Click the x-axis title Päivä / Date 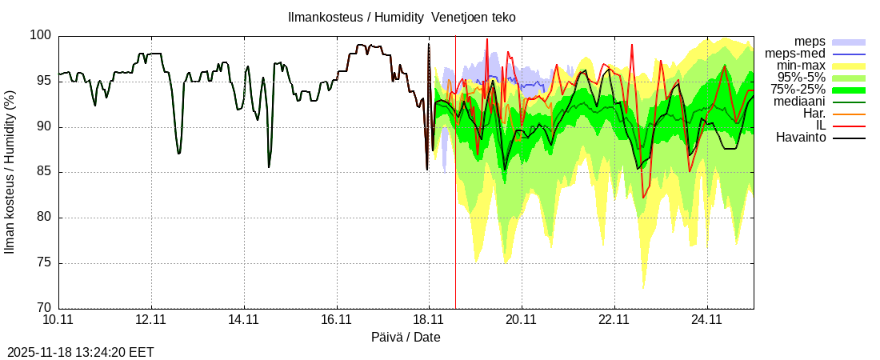406,338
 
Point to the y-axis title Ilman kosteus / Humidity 10,172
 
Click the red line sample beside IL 849,126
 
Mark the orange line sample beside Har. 849,114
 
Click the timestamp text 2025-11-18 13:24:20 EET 81,352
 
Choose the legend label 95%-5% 802,78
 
